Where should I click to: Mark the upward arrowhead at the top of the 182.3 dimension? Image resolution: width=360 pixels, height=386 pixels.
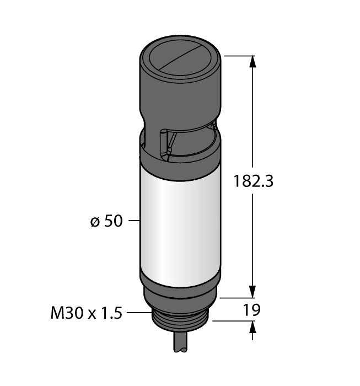253,62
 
